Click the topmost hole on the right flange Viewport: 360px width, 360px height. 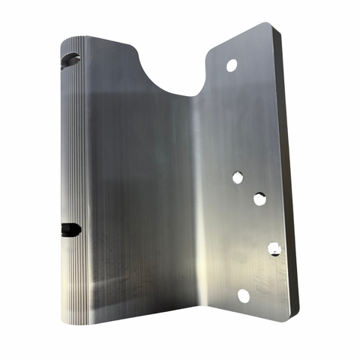click(232, 66)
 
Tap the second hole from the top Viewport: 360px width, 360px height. click(237, 177)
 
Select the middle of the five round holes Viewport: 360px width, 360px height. click(259, 199)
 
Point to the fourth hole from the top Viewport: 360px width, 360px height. click(274, 248)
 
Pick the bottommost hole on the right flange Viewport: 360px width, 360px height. click(244, 296)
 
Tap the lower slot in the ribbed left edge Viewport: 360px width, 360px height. click(71, 228)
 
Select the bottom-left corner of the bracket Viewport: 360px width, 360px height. click(63, 321)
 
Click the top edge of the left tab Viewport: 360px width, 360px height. click(112, 40)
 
